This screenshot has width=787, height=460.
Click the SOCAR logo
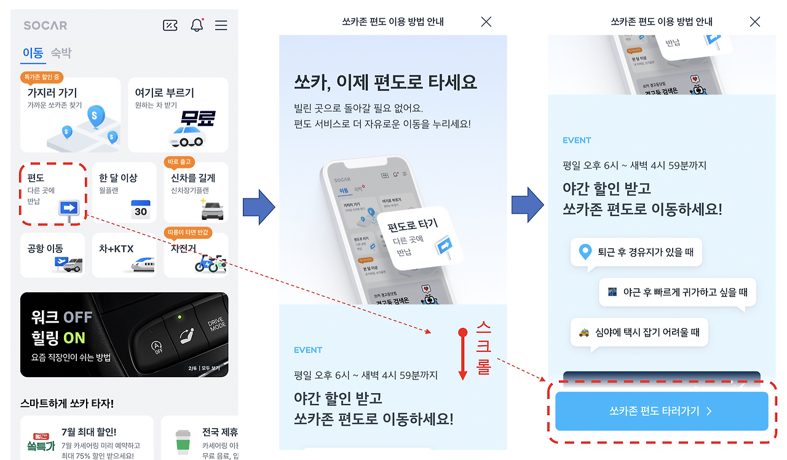(45, 25)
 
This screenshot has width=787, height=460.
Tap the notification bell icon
(197, 25)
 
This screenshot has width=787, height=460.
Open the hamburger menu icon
(221, 25)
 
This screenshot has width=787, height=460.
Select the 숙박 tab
(61, 53)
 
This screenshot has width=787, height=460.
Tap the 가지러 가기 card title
(52, 93)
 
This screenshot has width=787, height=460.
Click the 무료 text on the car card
(197, 118)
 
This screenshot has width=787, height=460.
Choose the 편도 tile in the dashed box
(51, 193)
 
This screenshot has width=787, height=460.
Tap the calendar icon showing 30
(141, 209)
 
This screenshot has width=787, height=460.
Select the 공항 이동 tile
(51, 255)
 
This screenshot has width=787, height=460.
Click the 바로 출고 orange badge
(180, 162)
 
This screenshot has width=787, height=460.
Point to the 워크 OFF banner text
(61, 317)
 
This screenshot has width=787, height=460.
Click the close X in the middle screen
(486, 21)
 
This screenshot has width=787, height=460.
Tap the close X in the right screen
(755, 21)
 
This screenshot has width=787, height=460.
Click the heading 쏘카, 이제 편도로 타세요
(386, 82)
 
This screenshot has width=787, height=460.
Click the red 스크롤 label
(484, 348)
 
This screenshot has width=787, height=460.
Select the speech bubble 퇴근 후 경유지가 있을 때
(636, 252)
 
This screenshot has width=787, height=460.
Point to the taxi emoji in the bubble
(584, 332)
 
